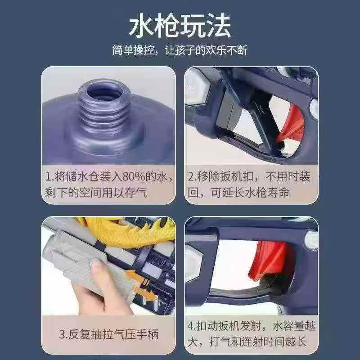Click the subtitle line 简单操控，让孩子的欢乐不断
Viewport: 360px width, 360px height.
(x=180, y=49)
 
